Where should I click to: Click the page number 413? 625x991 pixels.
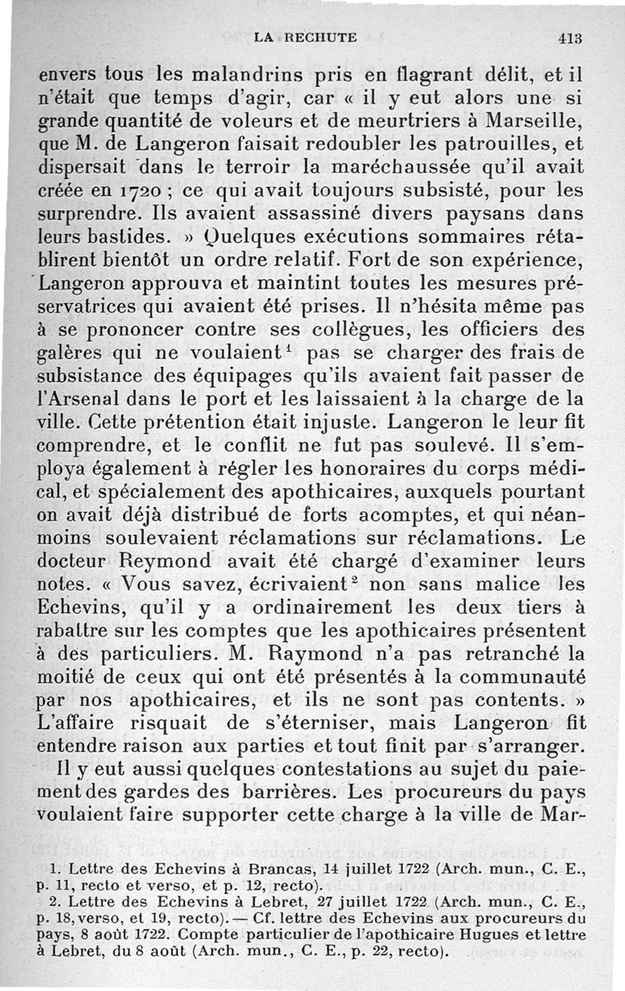pyautogui.click(x=572, y=37)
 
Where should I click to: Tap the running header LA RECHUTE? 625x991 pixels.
pyautogui.click(x=305, y=37)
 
